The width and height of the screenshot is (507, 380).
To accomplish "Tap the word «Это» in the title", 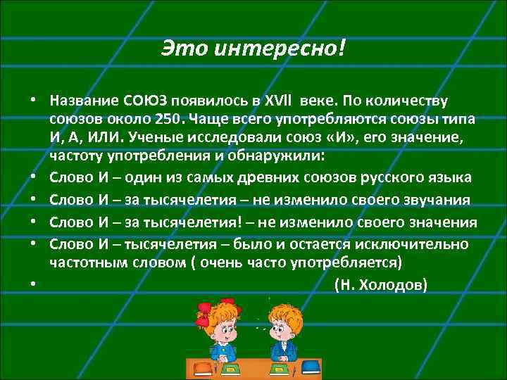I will point(183,49).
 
